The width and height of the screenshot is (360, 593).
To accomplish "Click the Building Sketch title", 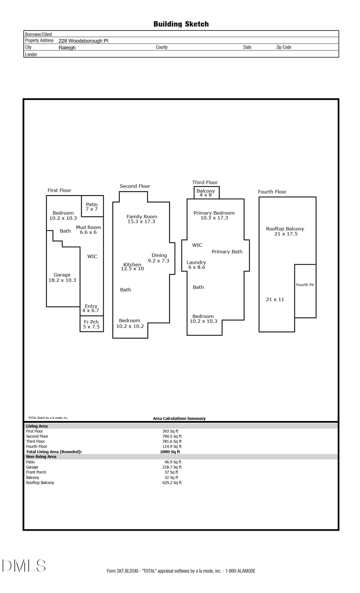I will (181, 24).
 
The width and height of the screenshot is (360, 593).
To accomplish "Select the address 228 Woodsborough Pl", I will (83, 41).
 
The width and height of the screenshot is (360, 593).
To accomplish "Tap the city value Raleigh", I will (67, 48).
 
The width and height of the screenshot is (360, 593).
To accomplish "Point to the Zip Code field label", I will (284, 47).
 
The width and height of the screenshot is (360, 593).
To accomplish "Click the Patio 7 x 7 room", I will (92, 207).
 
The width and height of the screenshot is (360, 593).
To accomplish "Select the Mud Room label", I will (88, 227).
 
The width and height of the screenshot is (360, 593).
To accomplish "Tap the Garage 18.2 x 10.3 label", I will (62, 278).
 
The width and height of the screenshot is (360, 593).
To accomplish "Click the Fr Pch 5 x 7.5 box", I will (92, 324).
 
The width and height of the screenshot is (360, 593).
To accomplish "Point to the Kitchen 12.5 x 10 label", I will (132, 267).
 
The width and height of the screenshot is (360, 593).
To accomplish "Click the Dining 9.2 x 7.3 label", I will (159, 258).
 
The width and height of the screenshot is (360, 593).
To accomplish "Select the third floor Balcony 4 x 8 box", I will (206, 193).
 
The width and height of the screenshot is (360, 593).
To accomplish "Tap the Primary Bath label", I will (227, 252).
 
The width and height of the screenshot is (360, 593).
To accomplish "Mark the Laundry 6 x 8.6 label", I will (196, 265).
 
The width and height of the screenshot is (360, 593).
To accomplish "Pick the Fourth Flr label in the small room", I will (305, 285).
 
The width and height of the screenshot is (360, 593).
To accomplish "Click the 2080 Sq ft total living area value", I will (170, 452).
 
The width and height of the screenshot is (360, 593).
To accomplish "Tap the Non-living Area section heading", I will (41, 457).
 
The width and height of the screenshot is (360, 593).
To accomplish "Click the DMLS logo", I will (24, 566).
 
